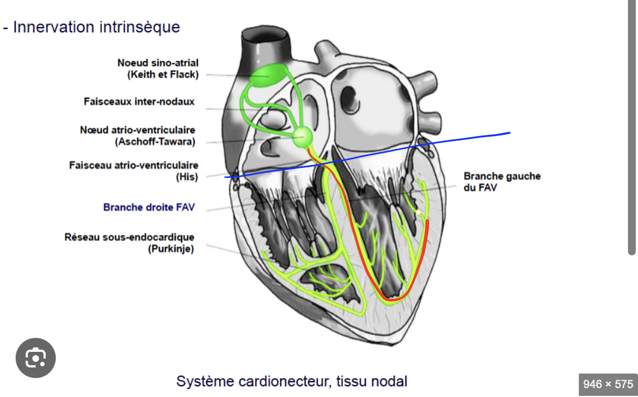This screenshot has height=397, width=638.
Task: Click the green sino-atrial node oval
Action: point(266,75)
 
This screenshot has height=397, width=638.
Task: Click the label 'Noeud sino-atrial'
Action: point(158,63)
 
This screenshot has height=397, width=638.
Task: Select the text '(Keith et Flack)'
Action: point(162,75)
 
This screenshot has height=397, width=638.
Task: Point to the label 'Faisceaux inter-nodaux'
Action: point(139,101)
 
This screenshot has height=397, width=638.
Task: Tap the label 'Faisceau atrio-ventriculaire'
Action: point(134,165)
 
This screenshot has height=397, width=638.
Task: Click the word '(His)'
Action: point(187,177)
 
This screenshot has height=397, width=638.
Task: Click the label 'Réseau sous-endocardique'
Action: point(129,238)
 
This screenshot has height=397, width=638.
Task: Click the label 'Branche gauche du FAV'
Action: point(502,182)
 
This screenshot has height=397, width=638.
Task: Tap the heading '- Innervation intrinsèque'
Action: point(92,27)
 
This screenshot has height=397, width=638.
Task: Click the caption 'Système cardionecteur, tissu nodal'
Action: point(292,381)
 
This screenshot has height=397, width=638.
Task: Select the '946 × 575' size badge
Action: point(608,384)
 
